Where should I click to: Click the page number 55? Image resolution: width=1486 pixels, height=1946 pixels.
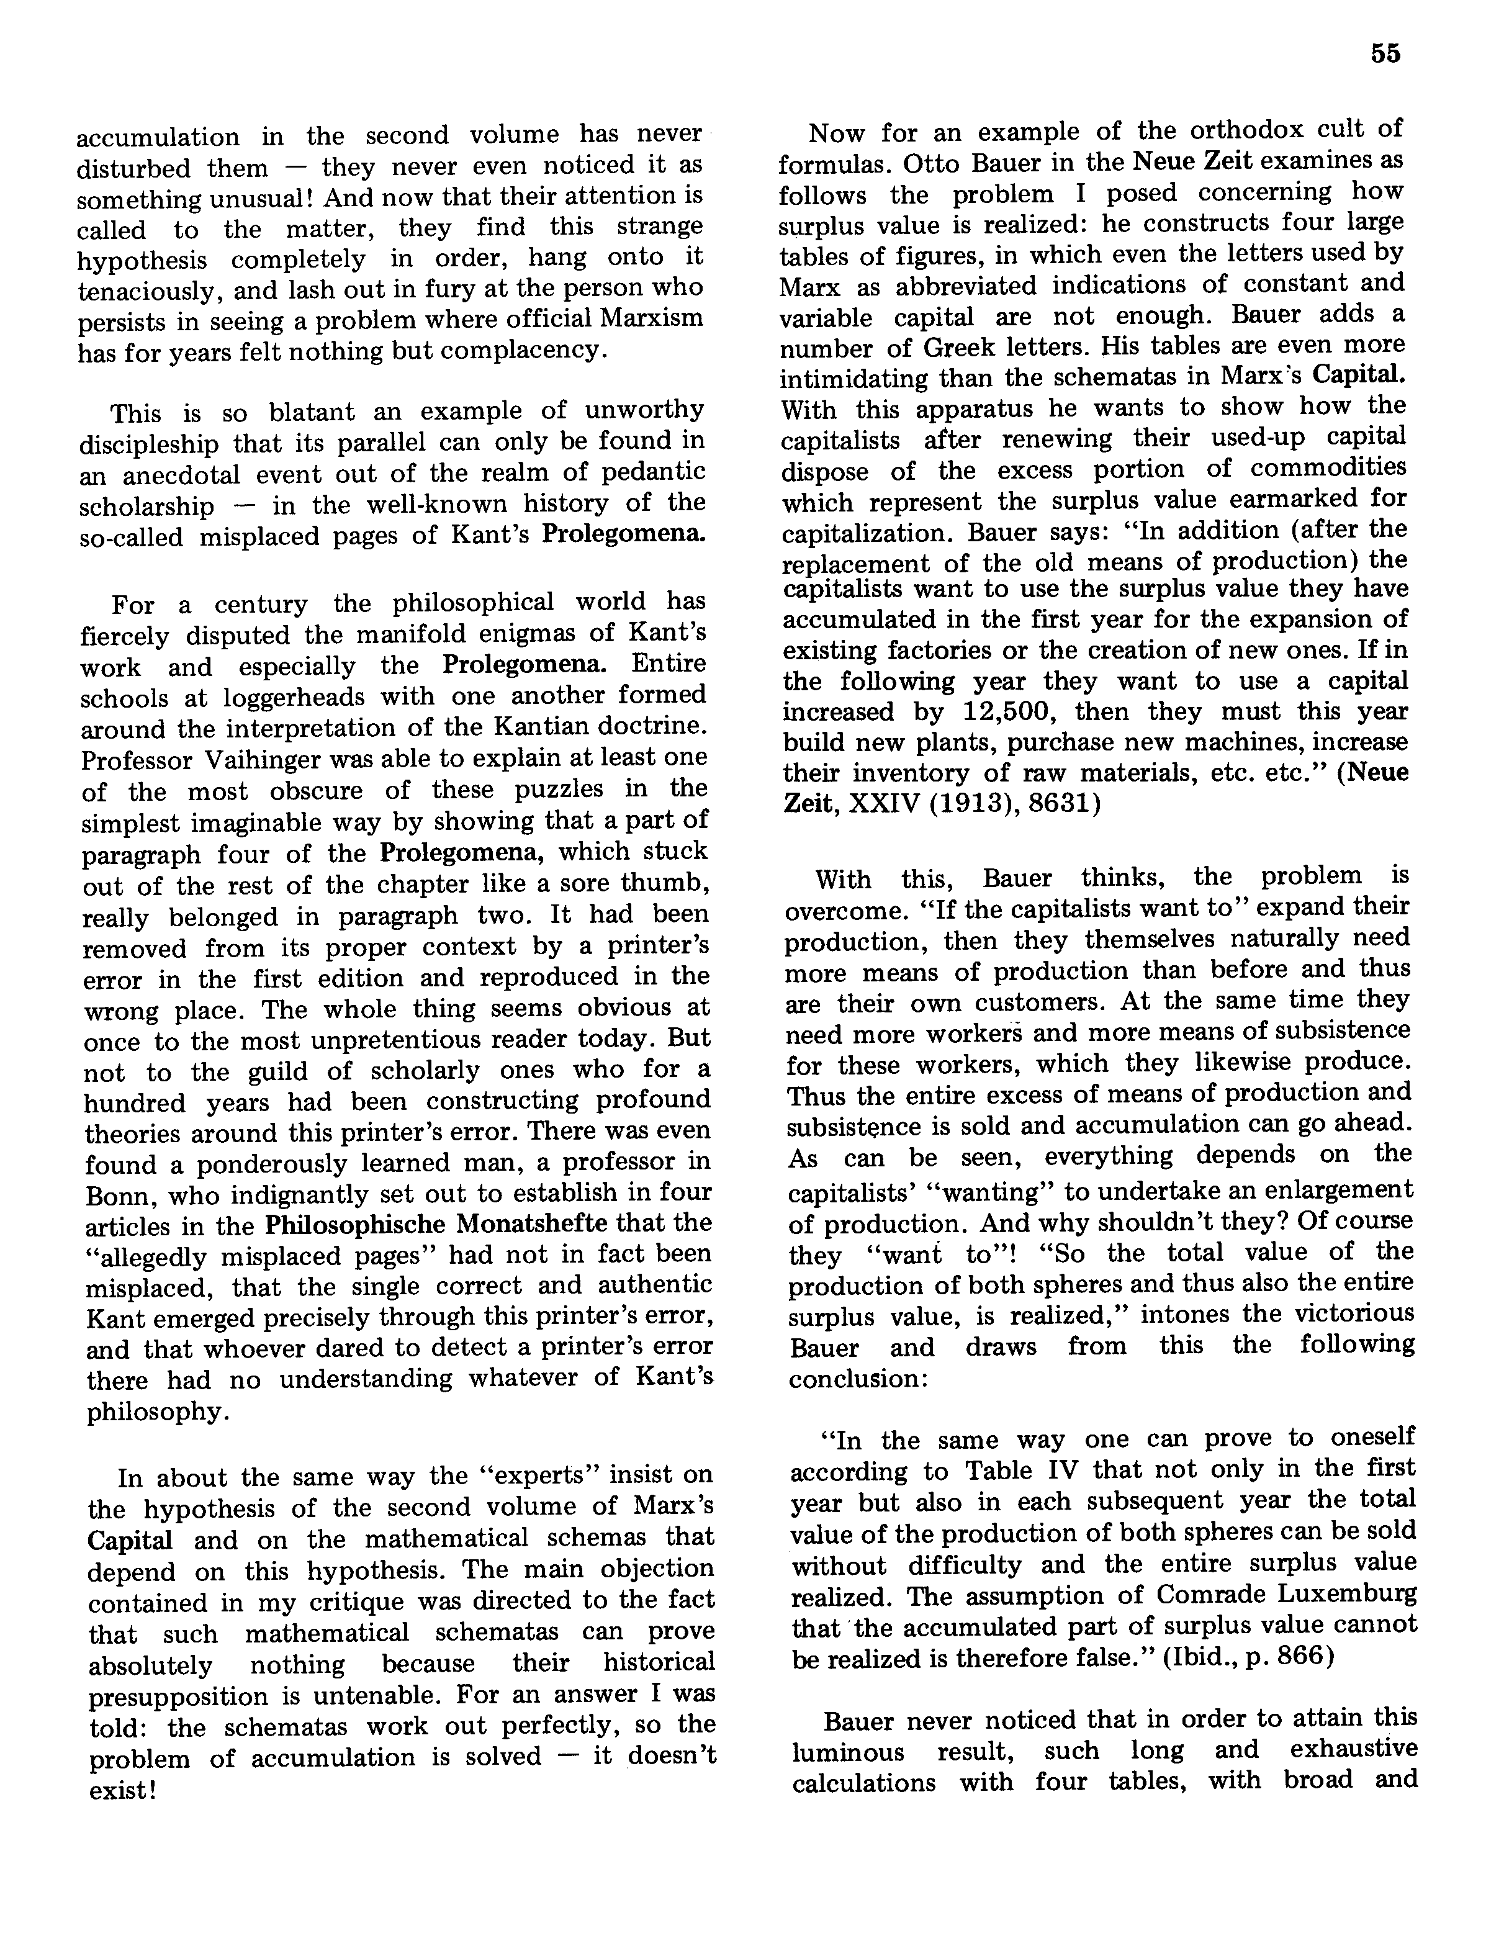coord(1385,54)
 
